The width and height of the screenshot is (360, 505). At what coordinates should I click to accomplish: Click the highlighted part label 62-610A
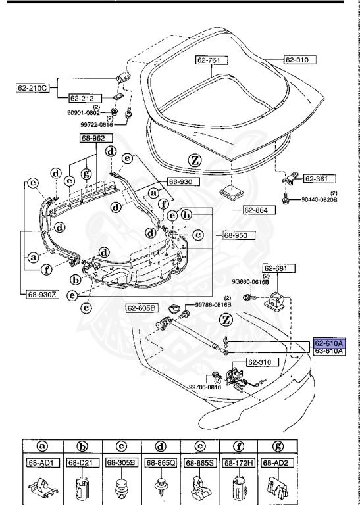point(328,343)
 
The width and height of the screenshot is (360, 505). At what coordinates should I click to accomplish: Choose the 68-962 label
point(97,139)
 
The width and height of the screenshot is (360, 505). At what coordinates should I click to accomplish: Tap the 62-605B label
point(142,308)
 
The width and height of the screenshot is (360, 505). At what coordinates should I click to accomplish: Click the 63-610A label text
point(328,352)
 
